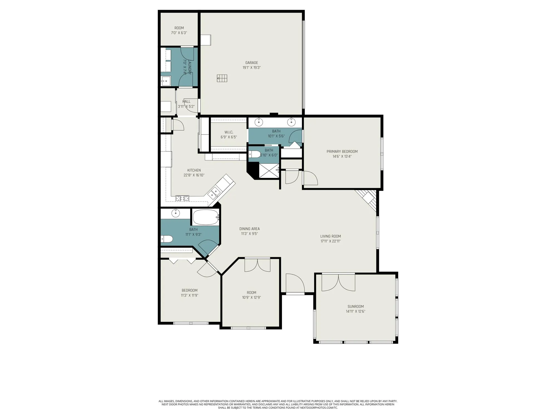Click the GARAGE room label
pos(251,63)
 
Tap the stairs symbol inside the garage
pos(222,78)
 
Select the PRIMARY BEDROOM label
pos(342,152)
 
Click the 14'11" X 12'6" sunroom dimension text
pos(355,311)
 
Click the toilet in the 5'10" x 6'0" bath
pos(254,154)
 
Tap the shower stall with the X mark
pos(269,171)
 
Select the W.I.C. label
pos(229,132)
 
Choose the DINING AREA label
pos(249,229)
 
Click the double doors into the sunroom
pos(338,282)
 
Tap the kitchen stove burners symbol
pos(182,198)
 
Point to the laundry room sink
pos(166,81)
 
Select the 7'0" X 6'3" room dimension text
pos(179,33)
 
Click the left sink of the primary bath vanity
pos(259,122)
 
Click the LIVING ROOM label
pos(330,236)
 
